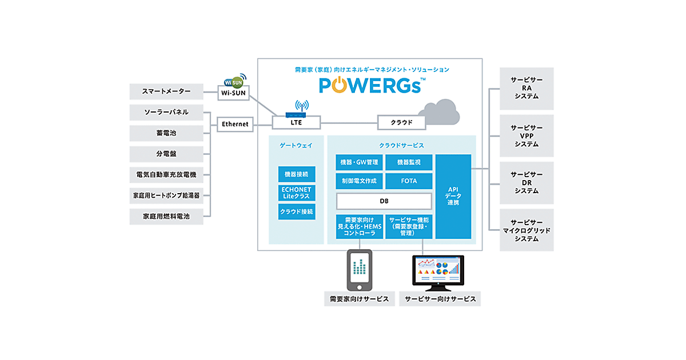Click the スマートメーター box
(x=166, y=91)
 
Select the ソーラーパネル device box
(x=166, y=112)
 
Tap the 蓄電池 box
(x=166, y=133)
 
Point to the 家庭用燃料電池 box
(x=166, y=217)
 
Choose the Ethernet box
(x=235, y=123)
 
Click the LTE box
(x=296, y=122)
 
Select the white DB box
(x=384, y=201)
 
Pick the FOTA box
(x=409, y=181)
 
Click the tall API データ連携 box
(x=453, y=197)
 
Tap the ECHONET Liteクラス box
(x=296, y=193)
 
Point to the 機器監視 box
(x=409, y=162)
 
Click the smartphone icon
(x=359, y=270)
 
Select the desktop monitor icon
(x=438, y=272)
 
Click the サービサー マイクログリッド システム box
(x=527, y=230)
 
